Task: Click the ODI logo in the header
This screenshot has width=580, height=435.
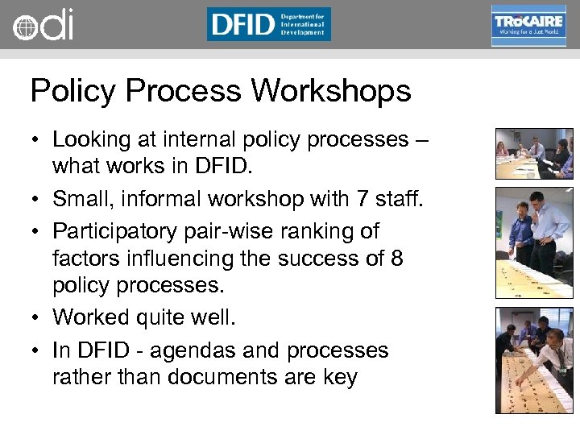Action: (43, 24)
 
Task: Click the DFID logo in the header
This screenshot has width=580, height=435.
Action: (268, 24)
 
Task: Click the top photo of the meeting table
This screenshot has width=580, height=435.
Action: (534, 153)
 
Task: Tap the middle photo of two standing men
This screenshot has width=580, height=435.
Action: (534, 242)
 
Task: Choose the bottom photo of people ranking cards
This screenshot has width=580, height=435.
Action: (534, 360)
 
